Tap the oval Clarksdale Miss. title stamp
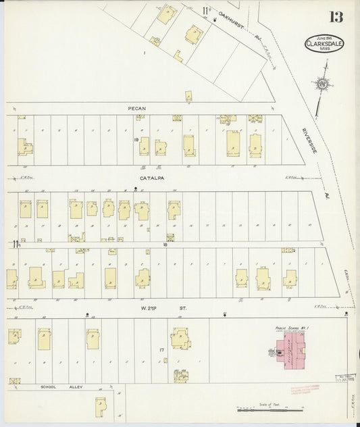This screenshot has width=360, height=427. point(324,43)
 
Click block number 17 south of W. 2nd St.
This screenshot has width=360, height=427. point(161,349)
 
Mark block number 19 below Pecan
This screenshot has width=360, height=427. point(136,140)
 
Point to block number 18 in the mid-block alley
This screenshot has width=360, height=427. point(165,245)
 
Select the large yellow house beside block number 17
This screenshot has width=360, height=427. point(180,338)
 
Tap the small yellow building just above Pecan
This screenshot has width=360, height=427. point(188,97)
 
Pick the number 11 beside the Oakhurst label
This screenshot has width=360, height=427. point(204,10)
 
